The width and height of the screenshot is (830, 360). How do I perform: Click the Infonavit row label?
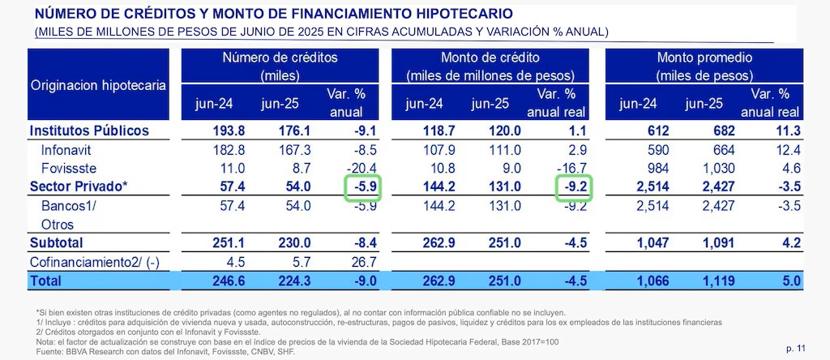[x=66, y=150]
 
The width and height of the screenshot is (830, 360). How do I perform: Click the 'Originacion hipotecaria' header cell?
[x=99, y=85]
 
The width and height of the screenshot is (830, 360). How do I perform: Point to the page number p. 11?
[x=795, y=348]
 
